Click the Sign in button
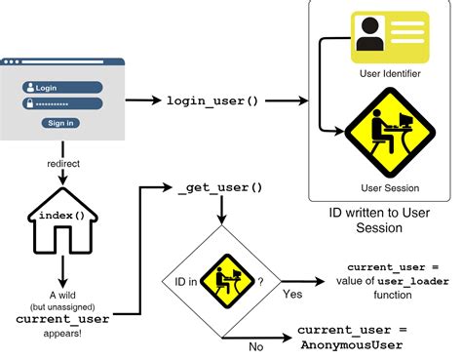60,123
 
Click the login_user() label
212,100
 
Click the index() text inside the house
63,215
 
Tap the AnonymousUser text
350,345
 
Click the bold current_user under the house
62,317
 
